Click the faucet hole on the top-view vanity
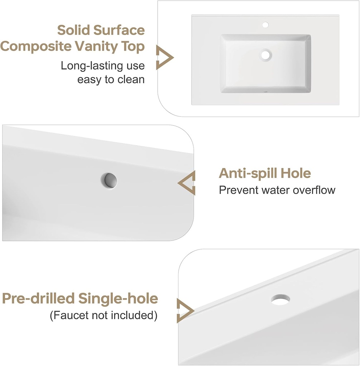click(x=265, y=25)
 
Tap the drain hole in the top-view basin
click(x=265, y=55)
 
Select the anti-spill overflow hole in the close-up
click(x=109, y=180)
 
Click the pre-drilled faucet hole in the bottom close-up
click(x=281, y=299)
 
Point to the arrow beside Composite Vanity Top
click(x=165, y=58)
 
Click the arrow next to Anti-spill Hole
click(x=186, y=183)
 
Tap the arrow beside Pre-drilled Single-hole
click(x=185, y=311)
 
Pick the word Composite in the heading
click(x=36, y=47)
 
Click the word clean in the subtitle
click(x=131, y=80)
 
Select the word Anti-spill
click(x=248, y=174)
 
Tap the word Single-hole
click(x=118, y=299)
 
